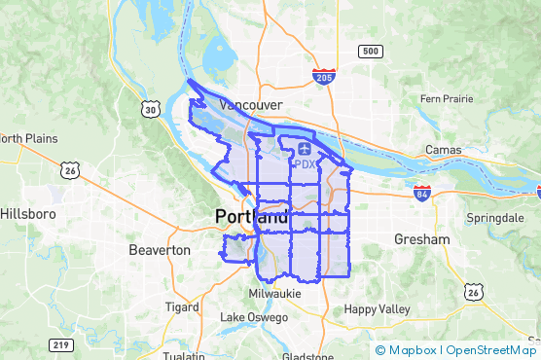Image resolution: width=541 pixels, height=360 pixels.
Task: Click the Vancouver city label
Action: click(x=251, y=105)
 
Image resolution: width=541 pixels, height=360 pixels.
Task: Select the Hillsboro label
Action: click(x=30, y=213)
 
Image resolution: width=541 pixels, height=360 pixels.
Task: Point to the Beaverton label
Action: click(x=160, y=250)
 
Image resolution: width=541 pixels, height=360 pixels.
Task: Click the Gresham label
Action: click(x=422, y=239)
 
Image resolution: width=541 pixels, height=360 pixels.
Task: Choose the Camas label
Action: click(x=444, y=150)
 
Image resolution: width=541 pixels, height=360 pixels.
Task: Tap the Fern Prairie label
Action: click(x=446, y=98)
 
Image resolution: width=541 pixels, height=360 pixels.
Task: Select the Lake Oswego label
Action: click(x=254, y=318)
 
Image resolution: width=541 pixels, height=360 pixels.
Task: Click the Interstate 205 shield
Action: click(x=325, y=75)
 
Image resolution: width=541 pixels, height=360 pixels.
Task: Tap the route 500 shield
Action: click(x=370, y=51)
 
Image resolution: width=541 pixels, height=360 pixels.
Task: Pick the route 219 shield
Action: click(x=61, y=344)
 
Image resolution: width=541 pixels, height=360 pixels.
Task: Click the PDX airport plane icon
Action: click(x=306, y=149)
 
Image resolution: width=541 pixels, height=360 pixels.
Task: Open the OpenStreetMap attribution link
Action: click(x=491, y=349)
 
